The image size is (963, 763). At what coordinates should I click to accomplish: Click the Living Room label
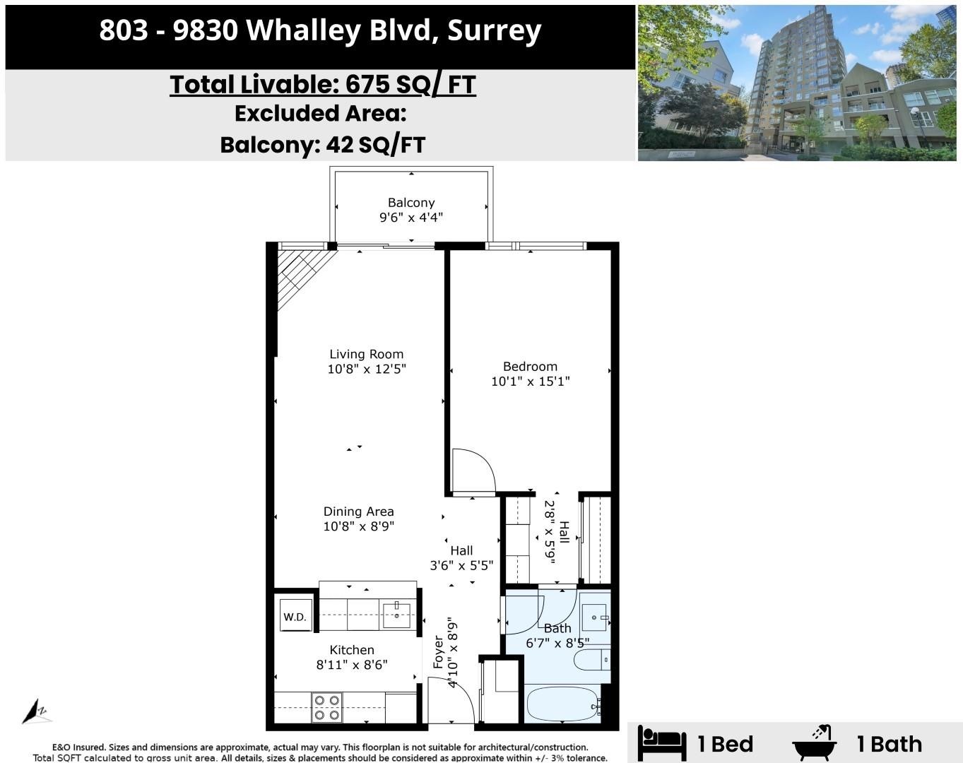(366, 354)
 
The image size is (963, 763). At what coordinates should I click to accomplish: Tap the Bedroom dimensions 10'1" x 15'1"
(530, 381)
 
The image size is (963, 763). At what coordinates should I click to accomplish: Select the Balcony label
(411, 203)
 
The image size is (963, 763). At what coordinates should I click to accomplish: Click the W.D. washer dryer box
(295, 616)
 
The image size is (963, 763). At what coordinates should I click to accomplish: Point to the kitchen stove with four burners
(327, 707)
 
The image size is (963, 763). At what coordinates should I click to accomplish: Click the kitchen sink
(398, 615)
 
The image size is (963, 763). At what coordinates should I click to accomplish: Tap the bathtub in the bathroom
(562, 704)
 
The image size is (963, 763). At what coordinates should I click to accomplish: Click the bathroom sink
(595, 617)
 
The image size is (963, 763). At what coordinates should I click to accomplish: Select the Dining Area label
(358, 511)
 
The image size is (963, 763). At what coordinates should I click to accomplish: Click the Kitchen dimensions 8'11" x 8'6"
(351, 665)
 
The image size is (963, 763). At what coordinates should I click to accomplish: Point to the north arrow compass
(35, 711)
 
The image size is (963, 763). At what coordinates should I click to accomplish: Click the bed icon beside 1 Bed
(661, 743)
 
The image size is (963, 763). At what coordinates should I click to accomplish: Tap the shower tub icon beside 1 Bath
(815, 743)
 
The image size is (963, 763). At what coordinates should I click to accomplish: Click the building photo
(796, 83)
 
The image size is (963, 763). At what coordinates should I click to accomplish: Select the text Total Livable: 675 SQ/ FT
(322, 84)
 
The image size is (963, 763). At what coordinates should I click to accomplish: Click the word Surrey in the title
(494, 30)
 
